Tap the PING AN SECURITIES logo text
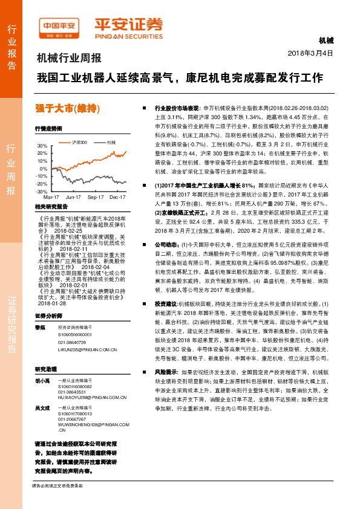click(x=128, y=34)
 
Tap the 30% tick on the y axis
click(x=42, y=146)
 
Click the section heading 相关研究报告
click(x=50, y=206)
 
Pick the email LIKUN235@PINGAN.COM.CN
click(x=83, y=349)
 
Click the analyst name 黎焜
click(x=41, y=326)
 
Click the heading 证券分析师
click(x=48, y=316)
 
